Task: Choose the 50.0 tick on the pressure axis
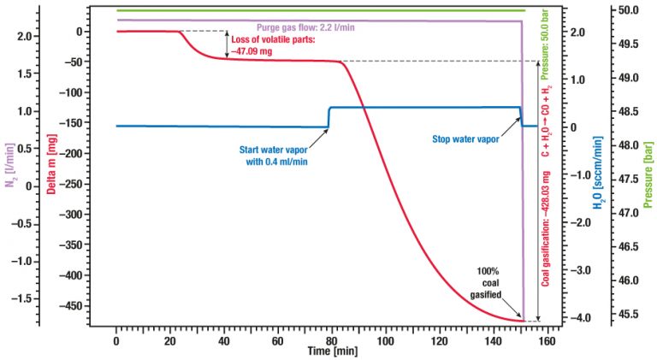[x=627, y=11]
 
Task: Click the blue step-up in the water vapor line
[x=329, y=117]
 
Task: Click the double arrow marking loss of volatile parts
[x=227, y=44]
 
